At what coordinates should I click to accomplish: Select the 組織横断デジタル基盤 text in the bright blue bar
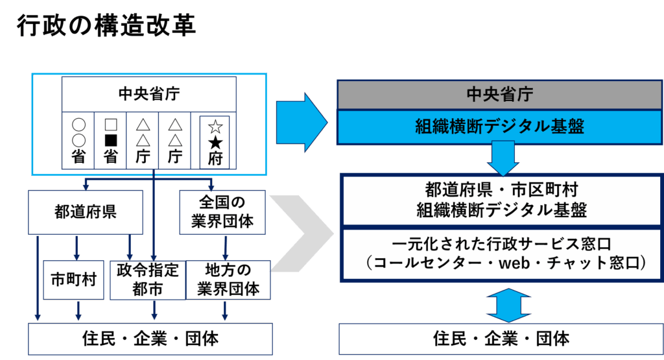click(499, 126)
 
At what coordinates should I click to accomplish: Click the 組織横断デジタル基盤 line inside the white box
click(499, 210)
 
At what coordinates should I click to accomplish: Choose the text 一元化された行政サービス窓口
click(499, 244)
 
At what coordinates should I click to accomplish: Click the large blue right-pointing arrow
click(300, 122)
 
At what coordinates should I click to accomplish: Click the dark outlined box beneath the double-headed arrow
click(500, 339)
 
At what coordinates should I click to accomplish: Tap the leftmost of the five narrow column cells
click(78, 141)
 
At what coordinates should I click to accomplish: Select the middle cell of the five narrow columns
click(143, 141)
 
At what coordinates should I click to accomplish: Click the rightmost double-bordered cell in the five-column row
click(215, 141)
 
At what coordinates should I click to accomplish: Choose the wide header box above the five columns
click(149, 94)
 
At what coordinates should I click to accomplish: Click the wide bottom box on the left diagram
click(150, 339)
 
